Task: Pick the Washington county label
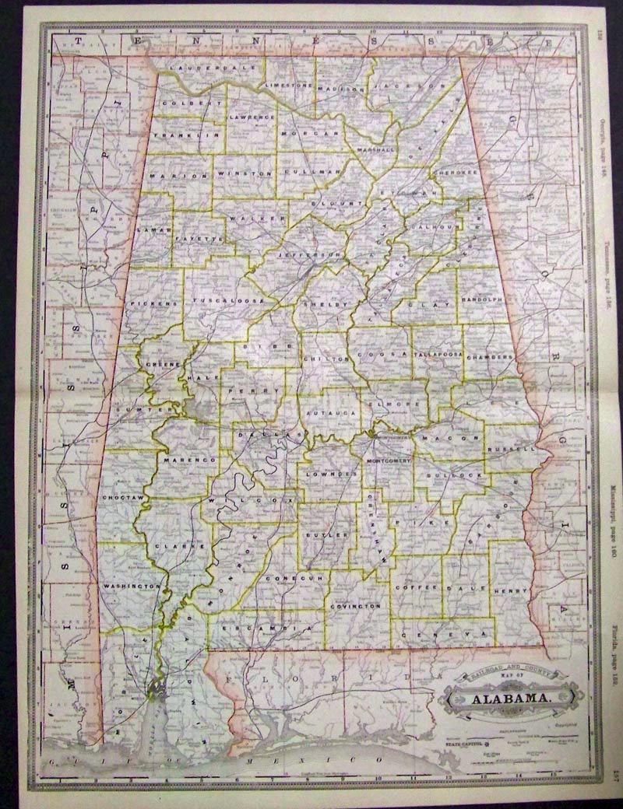coord(132,585)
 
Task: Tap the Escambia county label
coord(259,626)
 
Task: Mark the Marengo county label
coord(188,461)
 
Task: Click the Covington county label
coord(355,604)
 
